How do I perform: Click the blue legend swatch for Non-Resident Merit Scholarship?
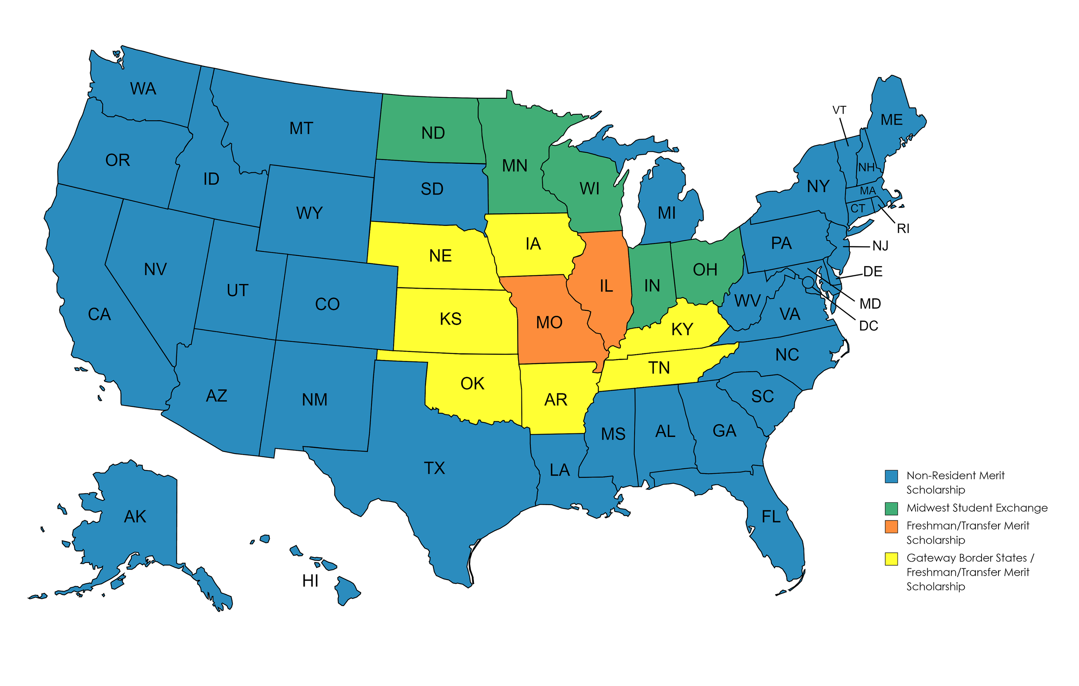[891, 476]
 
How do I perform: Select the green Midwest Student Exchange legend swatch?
[891, 508]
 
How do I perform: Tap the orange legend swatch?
[891, 526]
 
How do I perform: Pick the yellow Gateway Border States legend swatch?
[891, 559]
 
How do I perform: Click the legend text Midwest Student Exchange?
[976, 508]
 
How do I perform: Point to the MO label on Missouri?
[549, 323]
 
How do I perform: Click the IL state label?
[606, 286]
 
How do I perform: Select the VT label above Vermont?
[839, 110]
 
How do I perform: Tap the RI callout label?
[903, 229]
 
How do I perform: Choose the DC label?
[868, 326]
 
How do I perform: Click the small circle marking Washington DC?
[807, 282]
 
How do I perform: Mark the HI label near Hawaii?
[310, 581]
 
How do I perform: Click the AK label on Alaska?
[135, 517]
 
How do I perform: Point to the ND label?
[433, 133]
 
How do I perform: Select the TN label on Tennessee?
[659, 368]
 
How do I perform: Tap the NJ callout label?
[880, 246]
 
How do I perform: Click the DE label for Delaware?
[873, 272]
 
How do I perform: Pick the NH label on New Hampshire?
[866, 167]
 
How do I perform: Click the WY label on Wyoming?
[309, 213]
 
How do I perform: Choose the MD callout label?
[870, 304]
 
